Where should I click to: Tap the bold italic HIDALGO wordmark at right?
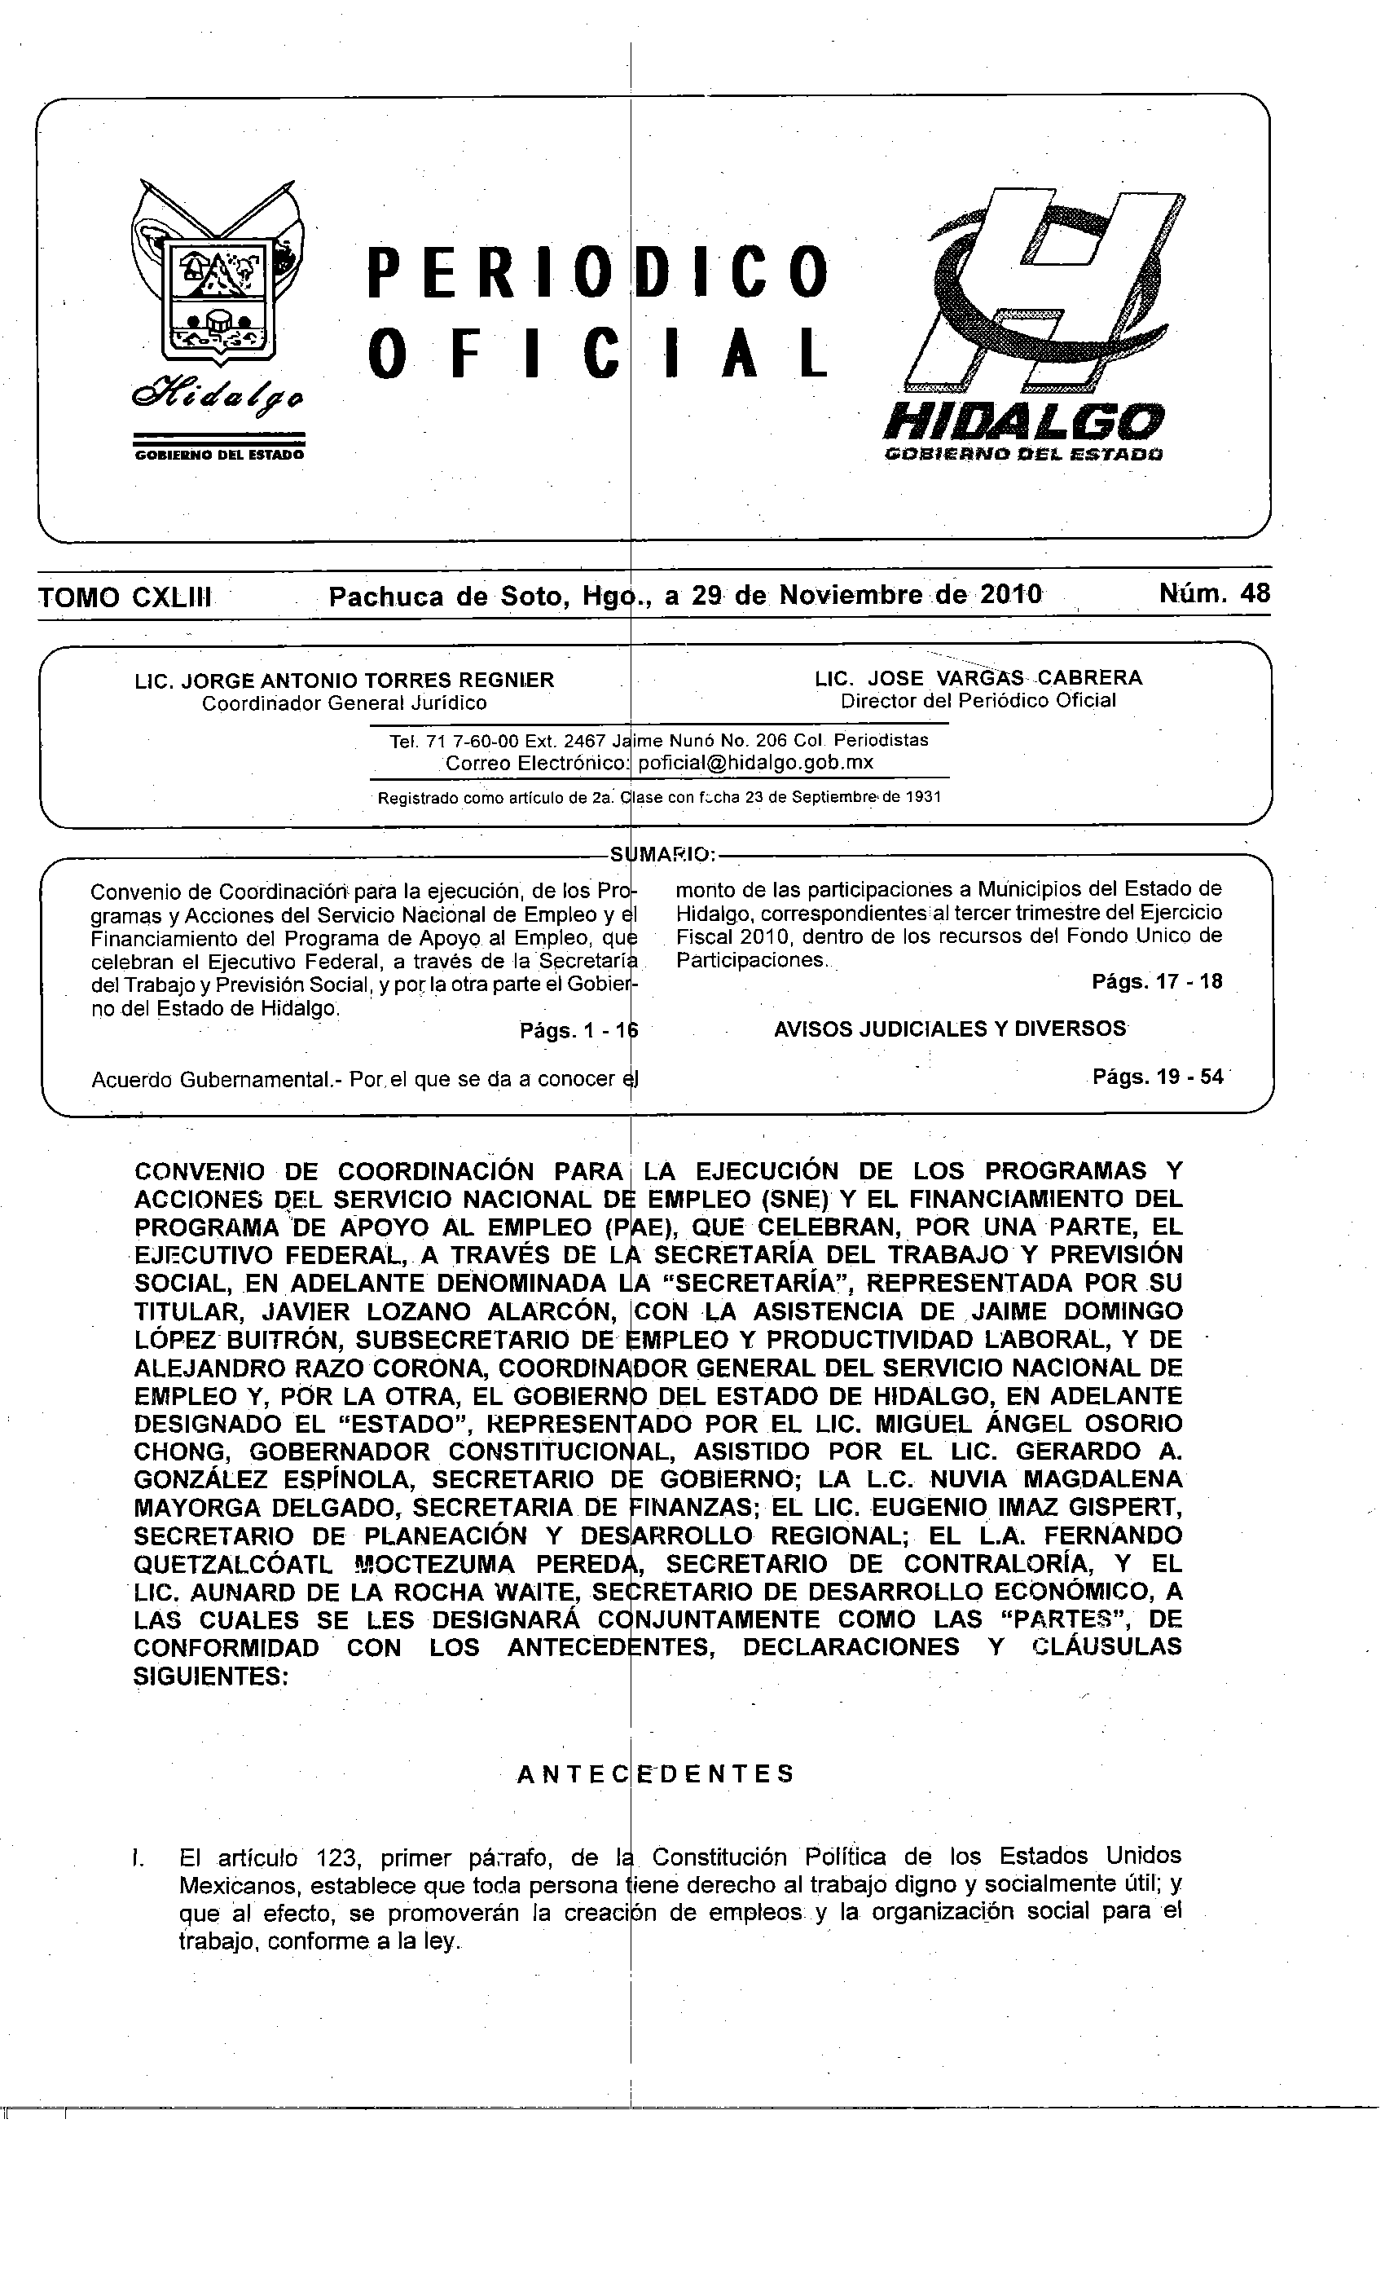point(1023,422)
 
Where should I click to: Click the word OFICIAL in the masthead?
point(597,354)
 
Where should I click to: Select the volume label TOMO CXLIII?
point(125,597)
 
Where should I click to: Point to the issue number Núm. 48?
point(1215,593)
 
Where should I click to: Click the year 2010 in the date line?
point(1010,593)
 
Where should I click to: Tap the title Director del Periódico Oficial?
point(978,701)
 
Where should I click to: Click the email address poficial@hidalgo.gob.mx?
point(755,762)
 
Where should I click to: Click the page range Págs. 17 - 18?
point(1157,982)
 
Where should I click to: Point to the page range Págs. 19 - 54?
point(1157,1077)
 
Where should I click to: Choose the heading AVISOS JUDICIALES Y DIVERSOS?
point(950,1029)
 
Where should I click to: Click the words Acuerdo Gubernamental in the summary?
point(215,1080)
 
